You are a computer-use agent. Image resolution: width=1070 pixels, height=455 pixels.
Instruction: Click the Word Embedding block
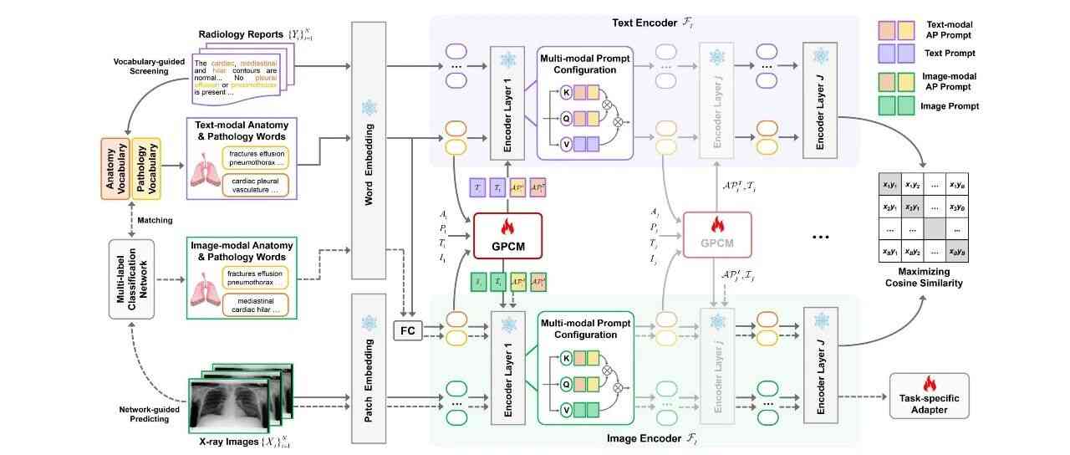click(369, 151)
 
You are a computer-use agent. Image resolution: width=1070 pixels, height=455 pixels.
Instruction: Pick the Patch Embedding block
click(369, 369)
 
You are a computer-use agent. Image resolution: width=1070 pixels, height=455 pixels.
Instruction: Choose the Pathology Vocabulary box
click(147, 167)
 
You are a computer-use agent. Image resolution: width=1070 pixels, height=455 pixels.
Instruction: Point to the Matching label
click(155, 221)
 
